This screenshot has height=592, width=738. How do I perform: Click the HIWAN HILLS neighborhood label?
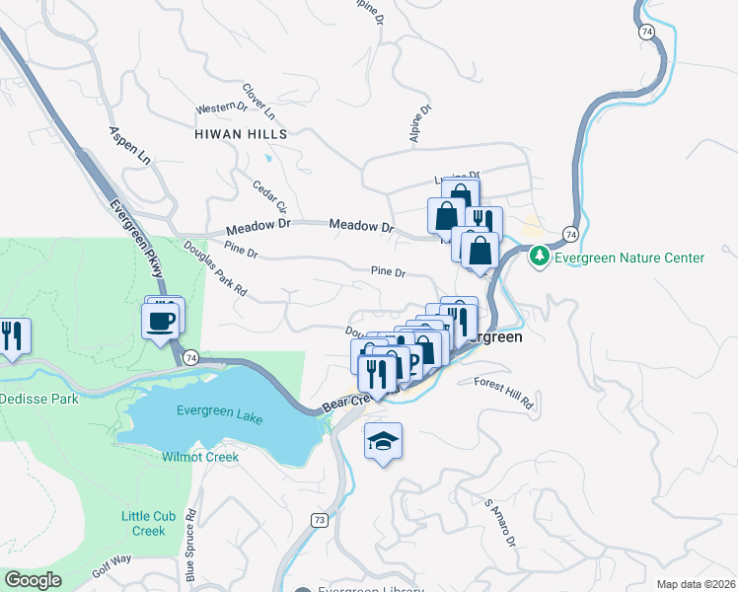241,133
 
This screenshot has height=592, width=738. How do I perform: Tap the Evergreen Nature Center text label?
629,259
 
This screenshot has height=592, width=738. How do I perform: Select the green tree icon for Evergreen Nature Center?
539,258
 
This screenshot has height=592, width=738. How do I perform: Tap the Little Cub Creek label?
149,523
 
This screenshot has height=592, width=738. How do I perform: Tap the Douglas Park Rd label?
214,271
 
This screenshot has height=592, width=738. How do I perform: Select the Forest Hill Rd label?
503,393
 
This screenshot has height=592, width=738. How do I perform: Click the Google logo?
34,580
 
